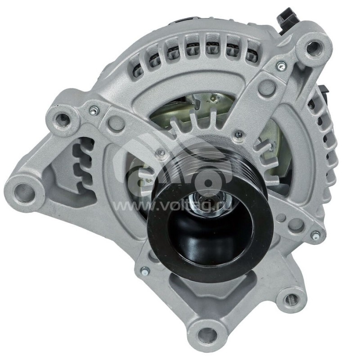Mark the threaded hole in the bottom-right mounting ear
pos(291,299)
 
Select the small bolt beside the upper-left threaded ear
pos(93,109)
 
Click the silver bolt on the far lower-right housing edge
pos(316,234)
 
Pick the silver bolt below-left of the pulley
pos(144,270)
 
